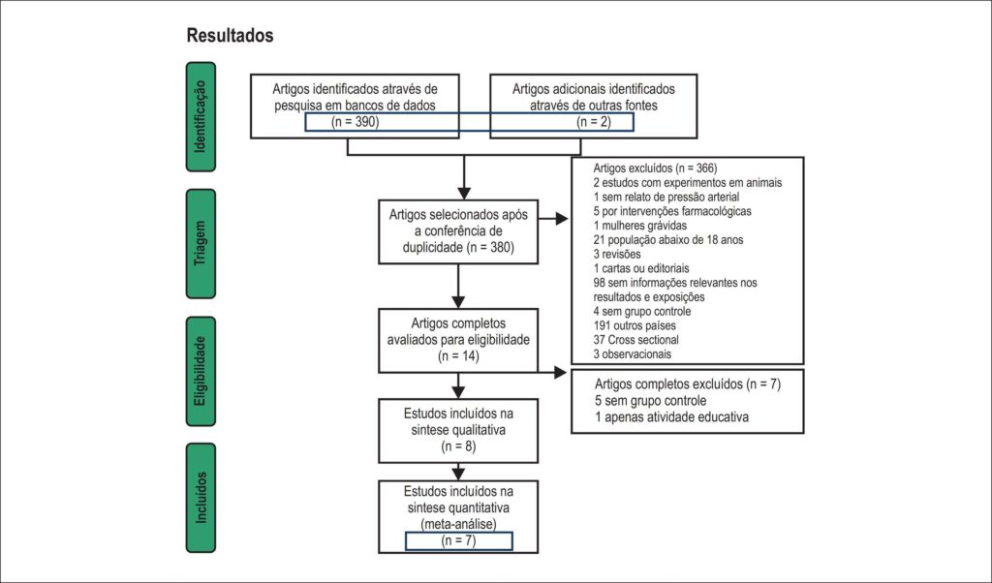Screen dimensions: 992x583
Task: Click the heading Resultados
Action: click(x=230, y=36)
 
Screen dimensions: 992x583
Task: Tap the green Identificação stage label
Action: click(x=201, y=117)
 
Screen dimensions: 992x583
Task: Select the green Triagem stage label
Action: click(x=201, y=243)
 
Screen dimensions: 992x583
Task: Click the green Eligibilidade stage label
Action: click(x=201, y=371)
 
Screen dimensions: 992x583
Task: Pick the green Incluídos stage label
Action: click(x=201, y=498)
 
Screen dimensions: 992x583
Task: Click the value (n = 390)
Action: click(x=355, y=122)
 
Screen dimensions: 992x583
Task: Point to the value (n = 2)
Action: click(x=594, y=122)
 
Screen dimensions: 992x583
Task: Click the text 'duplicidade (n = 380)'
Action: click(x=458, y=247)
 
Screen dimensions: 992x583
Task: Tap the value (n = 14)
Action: click(x=458, y=356)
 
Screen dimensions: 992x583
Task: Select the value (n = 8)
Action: click(x=458, y=446)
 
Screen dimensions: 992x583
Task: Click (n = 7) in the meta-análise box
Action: click(x=458, y=540)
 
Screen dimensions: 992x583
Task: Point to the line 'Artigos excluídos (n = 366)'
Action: click(x=655, y=169)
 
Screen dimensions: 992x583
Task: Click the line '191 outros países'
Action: click(x=635, y=325)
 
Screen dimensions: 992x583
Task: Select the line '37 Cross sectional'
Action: click(x=635, y=340)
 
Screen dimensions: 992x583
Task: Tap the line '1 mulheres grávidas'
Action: click(x=639, y=225)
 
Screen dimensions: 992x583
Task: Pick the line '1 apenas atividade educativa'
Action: click(x=671, y=416)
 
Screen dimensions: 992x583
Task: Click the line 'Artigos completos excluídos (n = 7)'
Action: click(x=688, y=384)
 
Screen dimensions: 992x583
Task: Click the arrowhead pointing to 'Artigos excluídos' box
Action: click(x=562, y=219)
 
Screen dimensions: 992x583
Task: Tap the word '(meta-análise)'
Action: click(x=458, y=524)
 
